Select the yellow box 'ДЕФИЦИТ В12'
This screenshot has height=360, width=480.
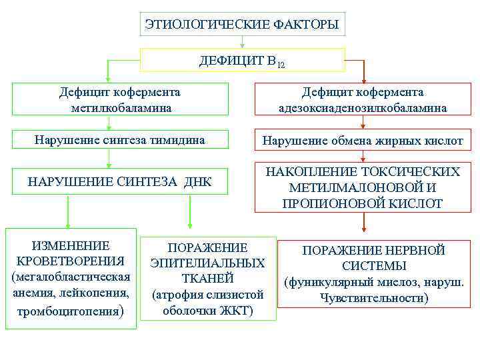coord(243,61)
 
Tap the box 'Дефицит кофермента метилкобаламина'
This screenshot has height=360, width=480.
coord(120,99)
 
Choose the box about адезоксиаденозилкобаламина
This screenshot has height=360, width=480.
coord(363,99)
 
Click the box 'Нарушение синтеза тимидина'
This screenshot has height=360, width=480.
coord(120,140)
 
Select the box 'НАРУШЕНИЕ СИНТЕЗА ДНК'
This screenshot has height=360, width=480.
coord(120,181)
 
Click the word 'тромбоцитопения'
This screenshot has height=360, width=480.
coord(67,311)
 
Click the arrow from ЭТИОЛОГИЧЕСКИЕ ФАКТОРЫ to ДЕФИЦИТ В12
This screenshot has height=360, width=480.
coord(243,43)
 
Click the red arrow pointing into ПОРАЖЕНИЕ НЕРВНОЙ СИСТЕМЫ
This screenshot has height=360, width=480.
coord(363,225)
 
